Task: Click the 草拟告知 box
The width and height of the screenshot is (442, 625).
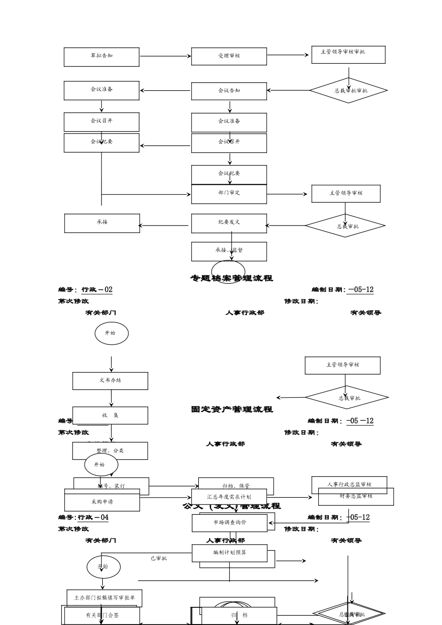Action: click(x=101, y=57)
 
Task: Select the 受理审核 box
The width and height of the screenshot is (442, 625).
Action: click(x=229, y=56)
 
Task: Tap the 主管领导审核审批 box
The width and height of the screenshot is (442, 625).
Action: click(x=348, y=54)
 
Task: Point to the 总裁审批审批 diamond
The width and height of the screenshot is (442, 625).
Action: click(x=349, y=91)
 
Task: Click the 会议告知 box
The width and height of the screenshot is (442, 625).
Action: click(x=229, y=91)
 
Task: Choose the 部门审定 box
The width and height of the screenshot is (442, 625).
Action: click(x=229, y=194)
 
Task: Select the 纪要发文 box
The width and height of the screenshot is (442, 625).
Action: click(x=229, y=223)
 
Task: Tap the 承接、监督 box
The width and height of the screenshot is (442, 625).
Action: click(x=229, y=251)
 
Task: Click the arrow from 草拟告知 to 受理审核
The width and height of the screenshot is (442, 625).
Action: click(x=165, y=56)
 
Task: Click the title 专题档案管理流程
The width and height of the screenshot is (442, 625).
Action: click(x=232, y=279)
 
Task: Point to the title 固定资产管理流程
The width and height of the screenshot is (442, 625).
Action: click(x=232, y=410)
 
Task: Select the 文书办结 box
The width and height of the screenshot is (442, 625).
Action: click(x=110, y=381)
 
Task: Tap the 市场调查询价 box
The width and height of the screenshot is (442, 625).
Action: click(x=230, y=523)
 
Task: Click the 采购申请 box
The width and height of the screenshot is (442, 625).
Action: click(x=102, y=502)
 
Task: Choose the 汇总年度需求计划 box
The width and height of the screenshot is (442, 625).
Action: click(x=229, y=497)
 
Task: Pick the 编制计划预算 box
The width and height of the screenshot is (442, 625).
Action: click(x=230, y=553)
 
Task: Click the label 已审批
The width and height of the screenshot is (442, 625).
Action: click(x=159, y=558)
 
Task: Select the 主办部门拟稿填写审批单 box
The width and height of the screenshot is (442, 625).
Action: click(x=104, y=598)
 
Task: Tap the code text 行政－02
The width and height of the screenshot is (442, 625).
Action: click(x=97, y=290)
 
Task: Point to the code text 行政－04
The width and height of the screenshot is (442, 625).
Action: click(x=93, y=518)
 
